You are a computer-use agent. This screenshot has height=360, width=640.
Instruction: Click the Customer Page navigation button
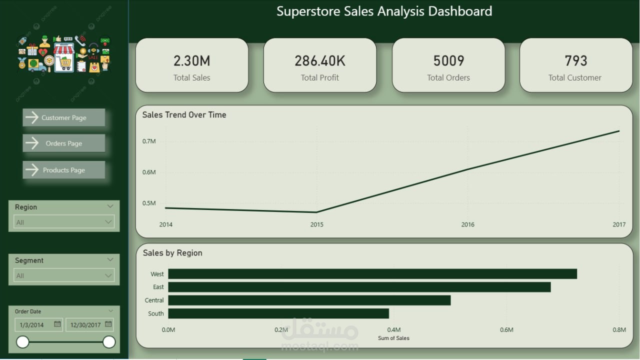pyautogui.click(x=63, y=117)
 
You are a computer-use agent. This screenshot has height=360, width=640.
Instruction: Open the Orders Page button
pyautogui.click(x=63, y=143)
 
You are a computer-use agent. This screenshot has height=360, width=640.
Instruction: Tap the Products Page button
pyautogui.click(x=63, y=170)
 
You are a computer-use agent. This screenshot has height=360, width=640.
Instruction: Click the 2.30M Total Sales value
pyautogui.click(x=191, y=61)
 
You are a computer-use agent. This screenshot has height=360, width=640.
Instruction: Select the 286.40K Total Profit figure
pyautogui.click(x=319, y=61)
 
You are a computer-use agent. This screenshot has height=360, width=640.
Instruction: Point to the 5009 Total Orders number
pyautogui.click(x=448, y=61)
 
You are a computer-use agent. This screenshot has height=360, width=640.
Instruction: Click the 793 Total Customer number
pyautogui.click(x=575, y=61)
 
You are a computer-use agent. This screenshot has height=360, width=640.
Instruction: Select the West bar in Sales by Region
pyautogui.click(x=372, y=273)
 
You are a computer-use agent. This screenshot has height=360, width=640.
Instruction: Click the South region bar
pyautogui.click(x=278, y=313)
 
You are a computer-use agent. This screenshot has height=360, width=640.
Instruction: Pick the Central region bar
pyautogui.click(x=309, y=300)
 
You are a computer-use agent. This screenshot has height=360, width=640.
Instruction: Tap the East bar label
pyautogui.click(x=158, y=287)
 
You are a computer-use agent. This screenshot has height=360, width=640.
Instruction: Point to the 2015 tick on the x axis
pyautogui.click(x=316, y=224)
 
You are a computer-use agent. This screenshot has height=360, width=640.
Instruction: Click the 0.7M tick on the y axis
pyautogui.click(x=149, y=141)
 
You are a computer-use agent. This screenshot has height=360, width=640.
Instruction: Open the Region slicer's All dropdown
pyautogui.click(x=64, y=222)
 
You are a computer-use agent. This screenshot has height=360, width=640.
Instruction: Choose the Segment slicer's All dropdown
pyautogui.click(x=64, y=275)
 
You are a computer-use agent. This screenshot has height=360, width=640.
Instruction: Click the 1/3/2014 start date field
pyautogui.click(x=38, y=325)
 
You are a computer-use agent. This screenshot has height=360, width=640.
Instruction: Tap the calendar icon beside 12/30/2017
pyautogui.click(x=108, y=324)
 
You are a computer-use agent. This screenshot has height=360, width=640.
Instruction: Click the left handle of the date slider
pyautogui.click(x=22, y=342)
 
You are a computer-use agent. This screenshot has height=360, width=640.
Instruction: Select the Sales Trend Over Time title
pyautogui.click(x=184, y=115)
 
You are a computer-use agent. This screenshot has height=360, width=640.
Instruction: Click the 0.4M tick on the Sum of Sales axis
pyautogui.click(x=393, y=329)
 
